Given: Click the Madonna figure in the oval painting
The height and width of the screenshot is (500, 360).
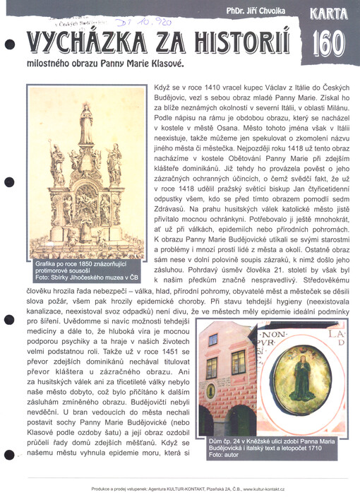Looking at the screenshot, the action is point(303,381).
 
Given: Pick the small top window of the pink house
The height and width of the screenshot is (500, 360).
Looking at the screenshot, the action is point(212,340).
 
